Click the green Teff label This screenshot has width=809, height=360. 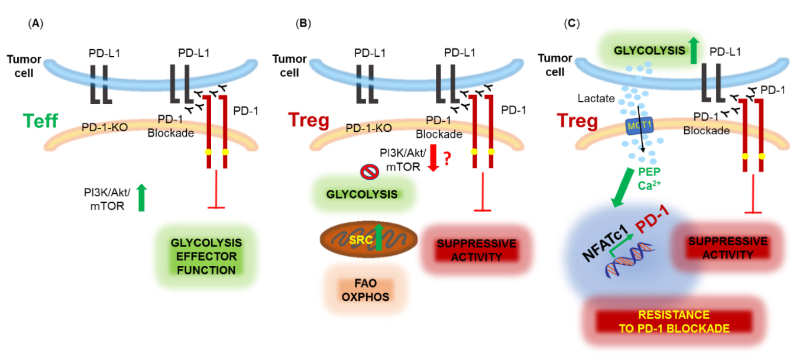point(40,121)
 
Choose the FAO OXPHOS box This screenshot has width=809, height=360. point(365,289)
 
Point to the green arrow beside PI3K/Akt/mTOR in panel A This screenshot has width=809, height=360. point(141,197)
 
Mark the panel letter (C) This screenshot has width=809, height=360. point(572,24)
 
